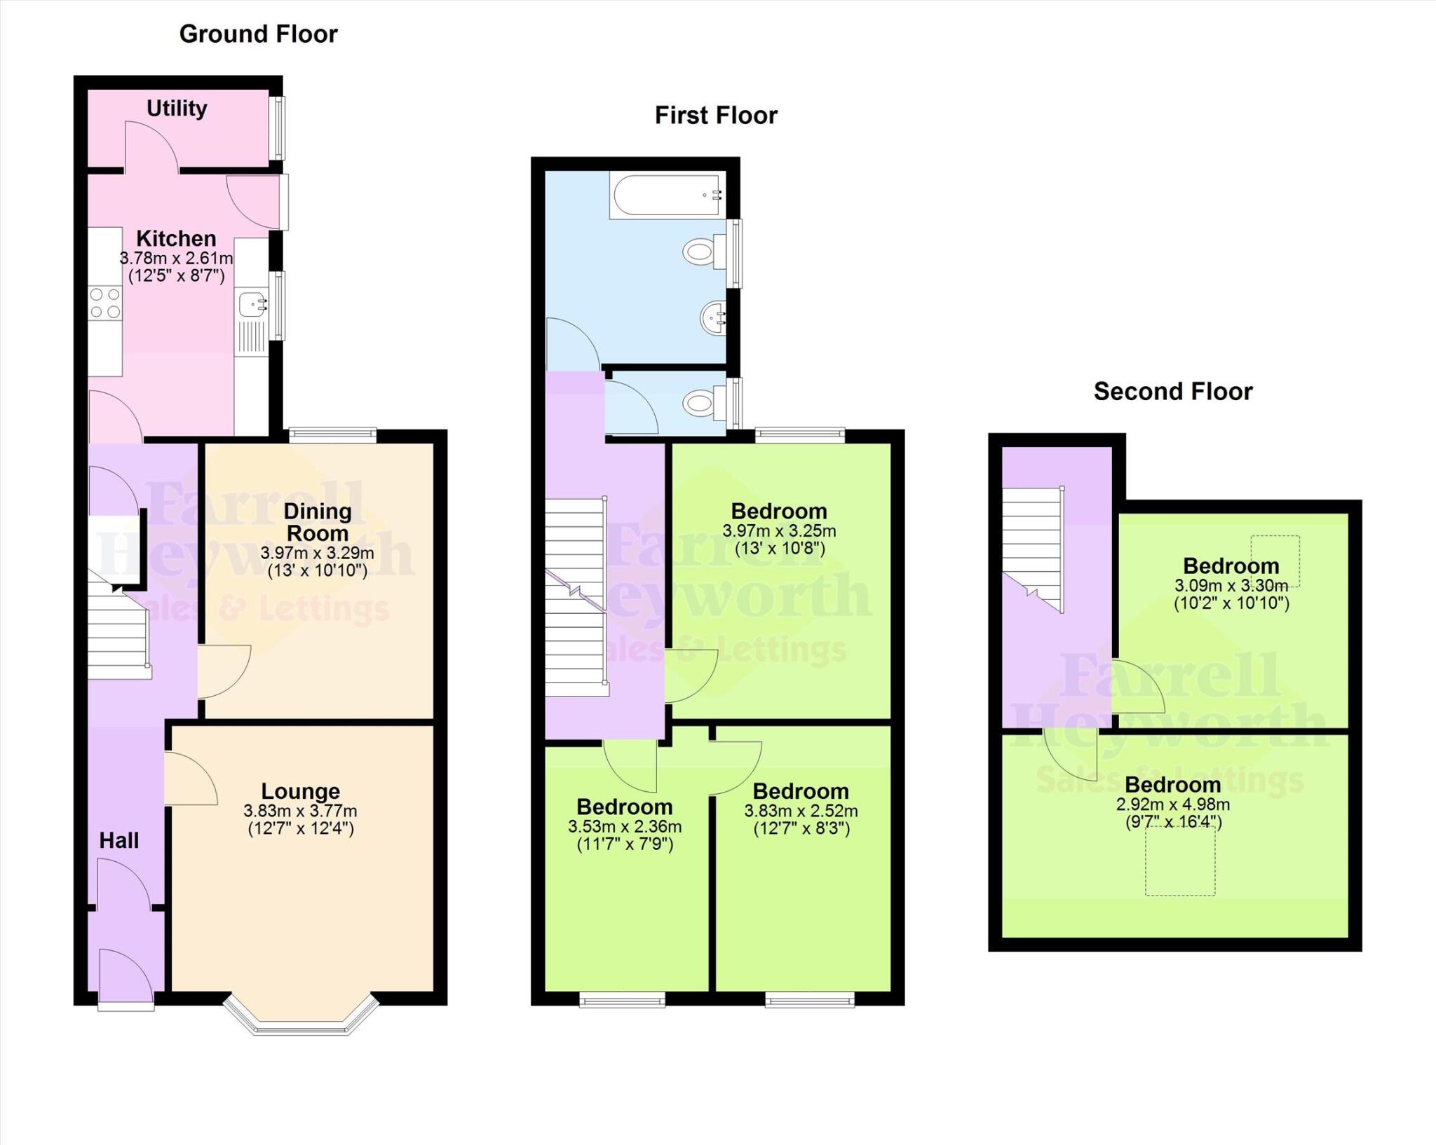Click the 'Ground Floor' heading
coord(258,34)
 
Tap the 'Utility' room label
coord(177,109)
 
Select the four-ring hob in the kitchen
coord(104,303)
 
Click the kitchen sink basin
coord(250,305)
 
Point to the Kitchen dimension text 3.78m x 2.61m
coord(176,259)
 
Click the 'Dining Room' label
coord(317,521)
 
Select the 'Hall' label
coord(118,840)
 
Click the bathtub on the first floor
coord(667,196)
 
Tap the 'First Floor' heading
coord(715,116)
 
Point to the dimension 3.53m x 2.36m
coord(624,827)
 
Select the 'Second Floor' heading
coord(1172,392)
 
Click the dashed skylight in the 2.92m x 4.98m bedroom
coord(1179,861)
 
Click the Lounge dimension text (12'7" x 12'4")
coord(300,829)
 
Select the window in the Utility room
coord(279,128)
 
